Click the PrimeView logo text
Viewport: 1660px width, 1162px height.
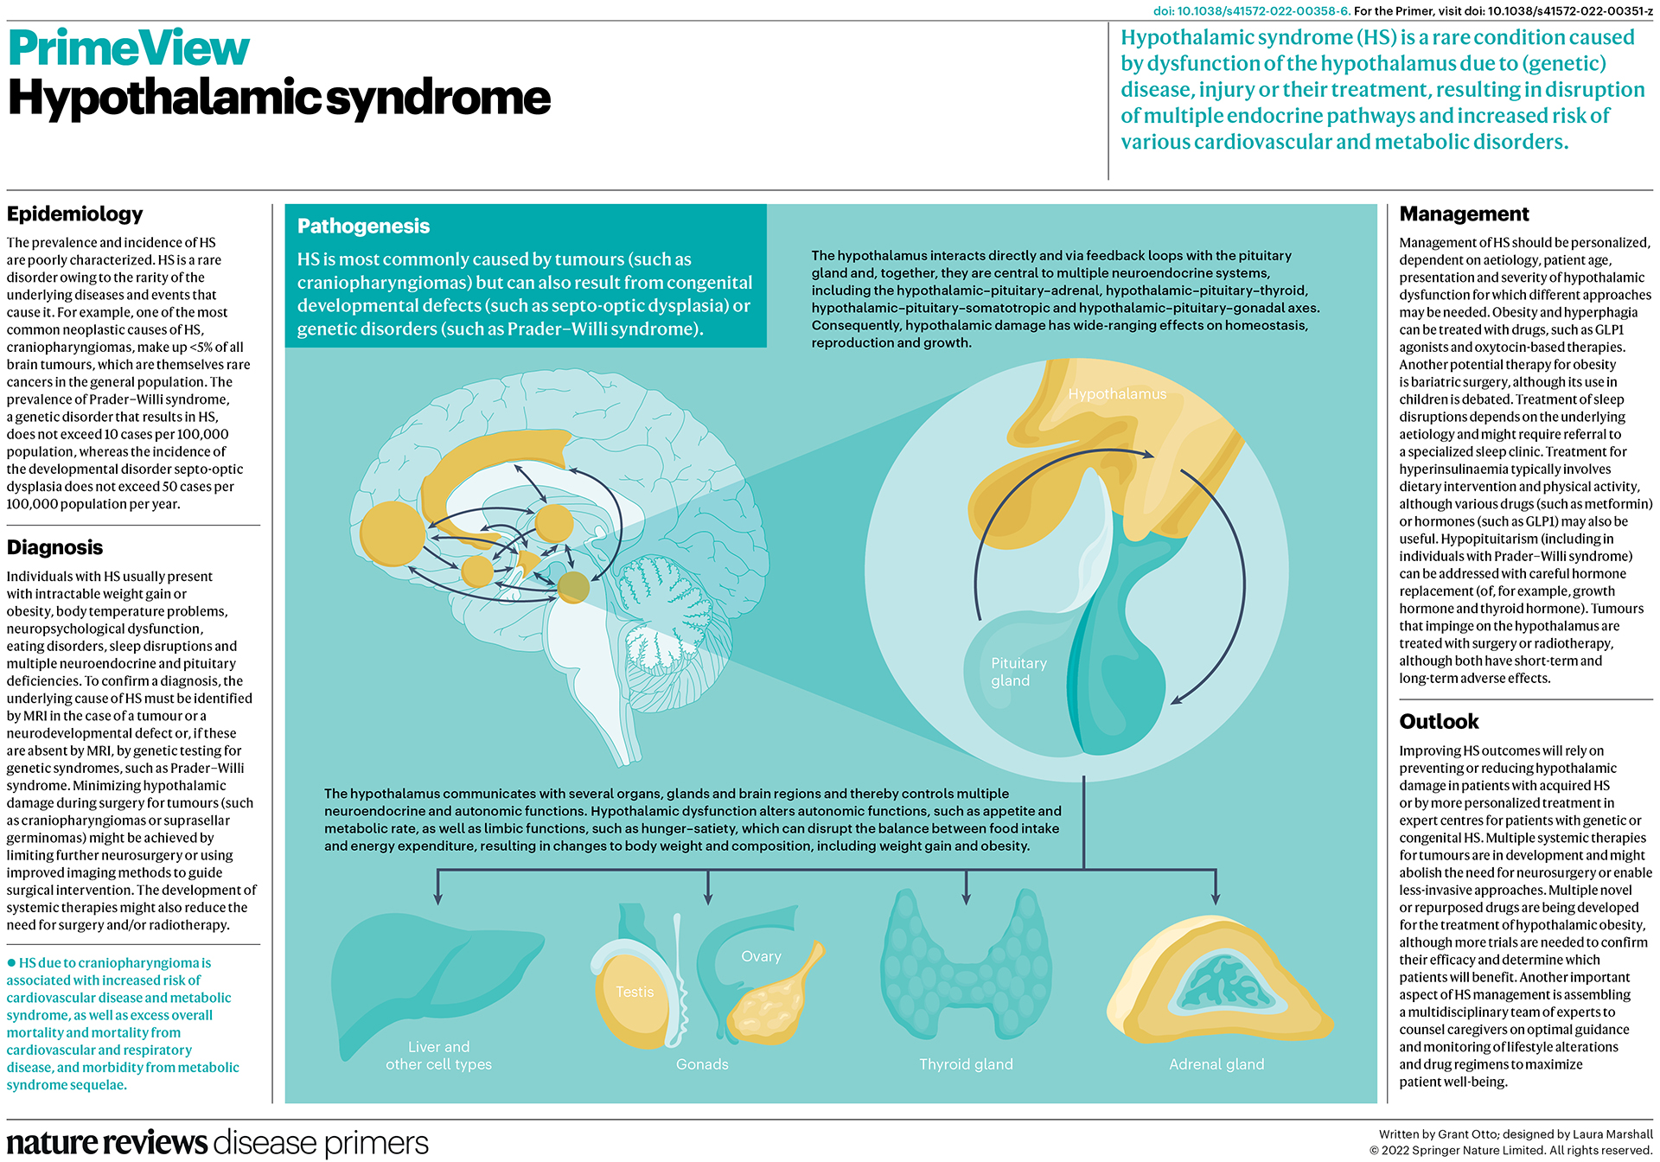coord(129,48)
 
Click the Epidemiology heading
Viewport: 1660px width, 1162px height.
coord(74,214)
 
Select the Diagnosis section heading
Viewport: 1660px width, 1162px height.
coord(54,547)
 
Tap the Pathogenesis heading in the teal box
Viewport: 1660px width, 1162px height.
coord(363,227)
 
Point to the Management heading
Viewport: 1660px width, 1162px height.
coord(1464,214)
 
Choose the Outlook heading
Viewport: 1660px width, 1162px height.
coord(1439,722)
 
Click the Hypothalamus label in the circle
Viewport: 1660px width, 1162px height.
coord(1116,394)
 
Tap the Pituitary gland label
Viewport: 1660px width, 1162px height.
coord(1018,672)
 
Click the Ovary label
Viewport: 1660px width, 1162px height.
coord(761,956)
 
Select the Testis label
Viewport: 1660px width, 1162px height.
coord(635,992)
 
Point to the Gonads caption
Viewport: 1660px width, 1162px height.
coord(702,1064)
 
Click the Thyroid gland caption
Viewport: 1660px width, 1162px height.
coord(966,1064)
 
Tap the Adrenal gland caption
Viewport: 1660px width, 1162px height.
coord(1216,1064)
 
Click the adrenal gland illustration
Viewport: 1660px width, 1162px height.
coord(1219,986)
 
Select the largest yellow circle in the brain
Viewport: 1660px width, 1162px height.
coord(393,533)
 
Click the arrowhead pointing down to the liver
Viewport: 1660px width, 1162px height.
coord(438,898)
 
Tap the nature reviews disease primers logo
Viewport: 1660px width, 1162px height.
coord(217,1142)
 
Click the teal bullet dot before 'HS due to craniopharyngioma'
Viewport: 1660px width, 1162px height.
coord(11,962)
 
